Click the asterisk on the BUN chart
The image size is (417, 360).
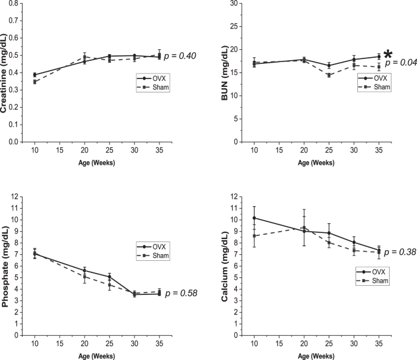pos(387,55)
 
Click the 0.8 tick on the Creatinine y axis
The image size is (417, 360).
pos(12,4)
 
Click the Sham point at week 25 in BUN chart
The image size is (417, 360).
pos(329,75)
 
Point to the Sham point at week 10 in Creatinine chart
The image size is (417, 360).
pos(35,81)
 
